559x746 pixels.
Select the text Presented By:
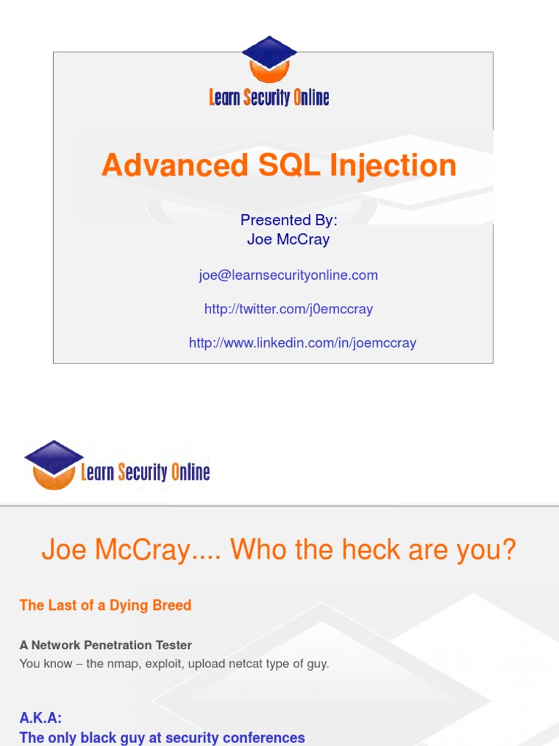(x=289, y=221)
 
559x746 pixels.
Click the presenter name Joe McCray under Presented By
(x=289, y=239)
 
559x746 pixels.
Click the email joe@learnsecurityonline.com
(x=288, y=275)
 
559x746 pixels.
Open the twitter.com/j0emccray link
(x=288, y=309)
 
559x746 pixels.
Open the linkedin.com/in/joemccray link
(x=302, y=342)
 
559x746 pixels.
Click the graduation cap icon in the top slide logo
(x=269, y=59)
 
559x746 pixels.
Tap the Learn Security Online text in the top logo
(x=269, y=97)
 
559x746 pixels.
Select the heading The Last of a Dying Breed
(x=106, y=605)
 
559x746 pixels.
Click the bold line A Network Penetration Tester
(x=106, y=645)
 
